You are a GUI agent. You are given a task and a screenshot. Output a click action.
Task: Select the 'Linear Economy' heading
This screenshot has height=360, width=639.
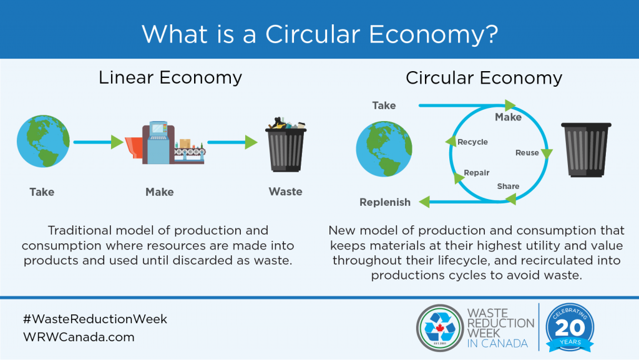click(170, 78)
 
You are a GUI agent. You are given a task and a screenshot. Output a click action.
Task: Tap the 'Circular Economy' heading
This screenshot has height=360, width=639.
click(484, 78)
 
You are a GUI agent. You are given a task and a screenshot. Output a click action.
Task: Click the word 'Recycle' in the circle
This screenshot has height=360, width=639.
click(472, 142)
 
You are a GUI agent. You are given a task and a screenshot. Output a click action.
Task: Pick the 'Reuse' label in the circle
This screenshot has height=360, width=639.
click(527, 153)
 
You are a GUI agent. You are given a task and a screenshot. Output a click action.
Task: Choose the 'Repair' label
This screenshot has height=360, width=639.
click(477, 173)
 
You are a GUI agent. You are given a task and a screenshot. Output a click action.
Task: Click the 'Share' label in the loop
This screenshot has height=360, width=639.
click(508, 186)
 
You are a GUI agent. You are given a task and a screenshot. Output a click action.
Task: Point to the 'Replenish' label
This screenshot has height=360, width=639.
click(385, 202)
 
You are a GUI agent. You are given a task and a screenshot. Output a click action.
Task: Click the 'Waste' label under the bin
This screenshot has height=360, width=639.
click(285, 192)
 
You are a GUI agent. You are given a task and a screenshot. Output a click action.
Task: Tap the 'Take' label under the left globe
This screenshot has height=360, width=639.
click(42, 192)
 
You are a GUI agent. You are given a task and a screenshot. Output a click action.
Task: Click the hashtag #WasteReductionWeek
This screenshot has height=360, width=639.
click(95, 319)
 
